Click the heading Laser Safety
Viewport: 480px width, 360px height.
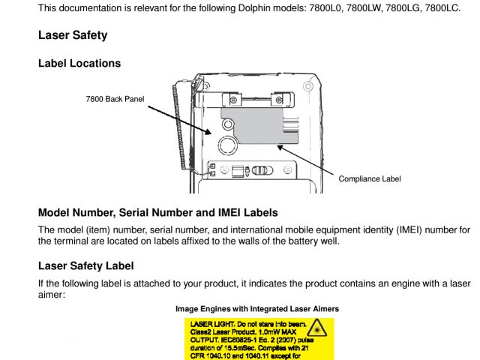coord(73,35)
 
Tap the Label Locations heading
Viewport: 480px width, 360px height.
coord(79,64)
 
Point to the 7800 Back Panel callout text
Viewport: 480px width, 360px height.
coord(115,98)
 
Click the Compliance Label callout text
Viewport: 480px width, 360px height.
coord(370,178)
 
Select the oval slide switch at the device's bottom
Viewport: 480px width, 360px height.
coord(260,170)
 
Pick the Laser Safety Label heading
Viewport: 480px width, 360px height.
coord(86,266)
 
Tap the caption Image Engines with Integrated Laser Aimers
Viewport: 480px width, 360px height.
coord(257,308)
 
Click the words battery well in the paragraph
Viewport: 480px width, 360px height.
coord(313,241)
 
